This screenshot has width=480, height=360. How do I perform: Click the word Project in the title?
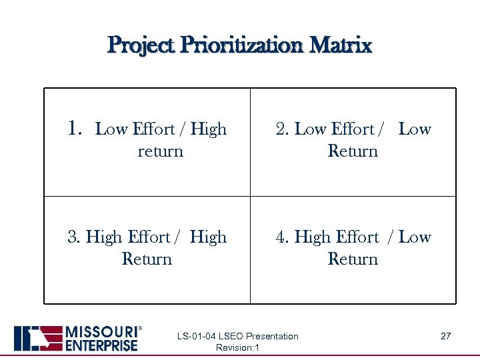click(x=139, y=45)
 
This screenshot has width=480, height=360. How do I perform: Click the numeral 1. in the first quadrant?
click(x=75, y=128)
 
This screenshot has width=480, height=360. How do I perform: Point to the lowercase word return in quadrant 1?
click(x=160, y=151)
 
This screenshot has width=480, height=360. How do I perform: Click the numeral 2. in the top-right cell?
click(x=282, y=129)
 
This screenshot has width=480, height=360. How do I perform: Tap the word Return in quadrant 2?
click(x=353, y=151)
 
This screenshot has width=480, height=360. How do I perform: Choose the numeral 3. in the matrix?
click(x=74, y=237)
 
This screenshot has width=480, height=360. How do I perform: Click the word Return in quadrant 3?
click(x=147, y=259)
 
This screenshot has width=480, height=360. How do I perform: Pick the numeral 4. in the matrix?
click(x=283, y=237)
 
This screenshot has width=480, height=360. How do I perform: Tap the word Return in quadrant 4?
click(x=353, y=259)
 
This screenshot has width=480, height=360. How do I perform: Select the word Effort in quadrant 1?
click(x=154, y=129)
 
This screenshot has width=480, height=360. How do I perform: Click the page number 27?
click(x=445, y=336)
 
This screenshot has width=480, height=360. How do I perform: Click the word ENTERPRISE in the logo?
click(x=100, y=345)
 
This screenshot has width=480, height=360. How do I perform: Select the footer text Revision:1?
click(x=238, y=348)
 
